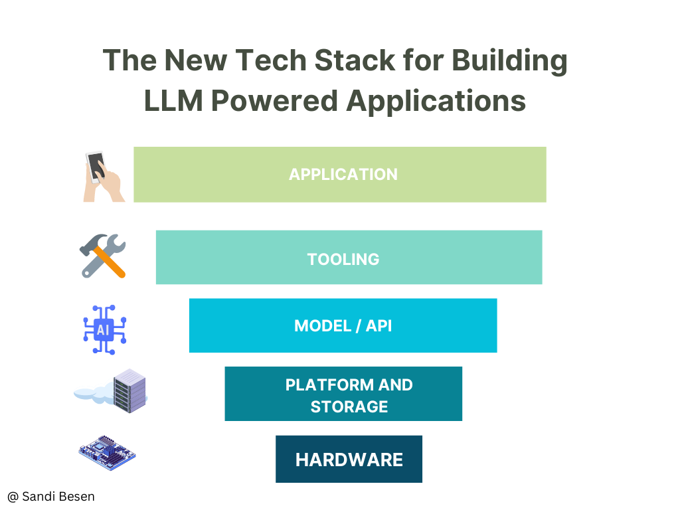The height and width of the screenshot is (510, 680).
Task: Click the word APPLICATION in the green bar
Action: point(343,175)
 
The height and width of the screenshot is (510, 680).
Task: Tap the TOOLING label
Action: point(343,260)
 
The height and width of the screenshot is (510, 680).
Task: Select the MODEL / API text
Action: point(343,325)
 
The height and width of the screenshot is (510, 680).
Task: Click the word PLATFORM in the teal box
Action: point(329,384)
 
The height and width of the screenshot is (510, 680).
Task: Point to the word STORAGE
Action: point(349,407)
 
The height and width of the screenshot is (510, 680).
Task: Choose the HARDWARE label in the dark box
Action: point(349,460)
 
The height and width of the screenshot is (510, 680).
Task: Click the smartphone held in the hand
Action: point(96,167)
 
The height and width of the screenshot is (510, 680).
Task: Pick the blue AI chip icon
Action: point(104,329)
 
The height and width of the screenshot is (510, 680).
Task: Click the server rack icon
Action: point(129,390)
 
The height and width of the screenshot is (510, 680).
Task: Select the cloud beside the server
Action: point(93,394)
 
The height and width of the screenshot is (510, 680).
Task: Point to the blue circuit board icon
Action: point(107,453)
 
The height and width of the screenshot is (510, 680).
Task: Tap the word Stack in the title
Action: point(355,60)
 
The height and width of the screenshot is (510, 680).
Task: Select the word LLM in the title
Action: point(173,101)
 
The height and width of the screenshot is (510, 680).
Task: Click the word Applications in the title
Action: point(436,102)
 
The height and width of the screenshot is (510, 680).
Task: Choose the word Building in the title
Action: point(509,61)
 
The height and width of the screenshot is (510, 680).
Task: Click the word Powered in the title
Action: point(274,101)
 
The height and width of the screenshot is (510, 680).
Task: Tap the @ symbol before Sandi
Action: point(13,497)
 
